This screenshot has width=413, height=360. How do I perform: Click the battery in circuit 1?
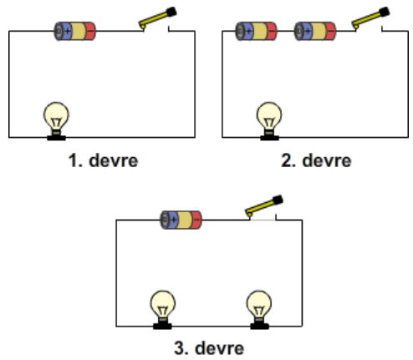coord(74,31)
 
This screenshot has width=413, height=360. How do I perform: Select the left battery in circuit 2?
coord(256,31)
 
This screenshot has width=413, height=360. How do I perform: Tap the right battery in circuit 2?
coord(315,31)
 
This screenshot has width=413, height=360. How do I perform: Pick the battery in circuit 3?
coord(181,220)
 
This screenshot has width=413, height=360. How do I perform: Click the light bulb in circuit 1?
coord(56,121)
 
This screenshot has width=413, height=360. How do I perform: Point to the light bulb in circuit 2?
coord(269,121)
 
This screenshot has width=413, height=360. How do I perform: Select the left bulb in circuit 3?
coord(163,310)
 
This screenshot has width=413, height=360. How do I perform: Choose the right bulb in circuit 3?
coord(259,310)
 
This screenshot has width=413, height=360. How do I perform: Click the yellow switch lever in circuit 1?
coord(154,19)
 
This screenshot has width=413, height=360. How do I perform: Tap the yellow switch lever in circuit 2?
coord(367,19)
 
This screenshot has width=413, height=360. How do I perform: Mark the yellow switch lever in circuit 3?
coord(261,208)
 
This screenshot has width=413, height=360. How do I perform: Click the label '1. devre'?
coord(103,161)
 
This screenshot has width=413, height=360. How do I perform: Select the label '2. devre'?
coord(316,161)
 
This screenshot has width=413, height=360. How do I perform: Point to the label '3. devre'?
coord(209,348)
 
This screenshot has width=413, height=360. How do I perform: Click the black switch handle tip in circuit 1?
coord(171,13)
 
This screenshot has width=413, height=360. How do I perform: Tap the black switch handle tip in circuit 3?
coord(278,200)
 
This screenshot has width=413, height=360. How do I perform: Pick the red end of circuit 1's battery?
coord(89,31)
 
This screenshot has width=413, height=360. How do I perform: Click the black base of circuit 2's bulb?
coord(269,138)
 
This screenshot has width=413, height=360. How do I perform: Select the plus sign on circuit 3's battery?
coord(174,220)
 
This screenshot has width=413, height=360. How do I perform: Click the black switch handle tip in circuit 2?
coord(384,13)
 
